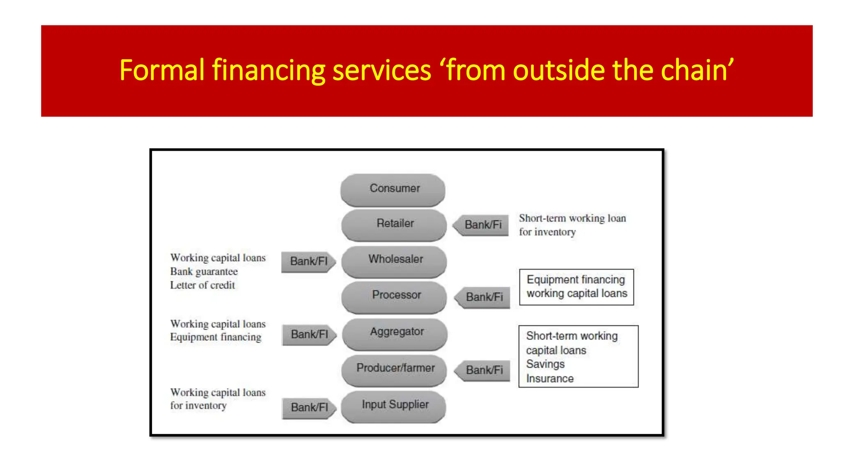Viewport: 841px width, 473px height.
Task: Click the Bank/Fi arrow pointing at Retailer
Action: pos(481,225)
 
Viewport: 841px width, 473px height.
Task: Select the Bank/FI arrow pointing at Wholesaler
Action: pos(309,262)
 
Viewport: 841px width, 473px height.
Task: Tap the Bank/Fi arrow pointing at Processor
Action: pos(483,297)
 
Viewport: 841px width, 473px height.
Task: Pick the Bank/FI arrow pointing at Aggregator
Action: pos(310,335)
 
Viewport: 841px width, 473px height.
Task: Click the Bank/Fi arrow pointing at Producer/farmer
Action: pos(483,370)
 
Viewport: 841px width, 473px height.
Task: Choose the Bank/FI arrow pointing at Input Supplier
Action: pos(310,408)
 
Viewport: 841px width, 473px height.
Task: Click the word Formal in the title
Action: pos(162,70)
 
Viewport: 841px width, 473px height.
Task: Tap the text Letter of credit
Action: pos(202,285)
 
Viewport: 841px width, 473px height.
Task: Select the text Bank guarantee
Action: pos(204,272)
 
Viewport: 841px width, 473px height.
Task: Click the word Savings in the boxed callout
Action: pos(545,365)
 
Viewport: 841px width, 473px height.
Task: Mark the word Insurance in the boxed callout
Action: pos(550,379)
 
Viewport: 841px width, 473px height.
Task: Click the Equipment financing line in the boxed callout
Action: pos(576,280)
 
